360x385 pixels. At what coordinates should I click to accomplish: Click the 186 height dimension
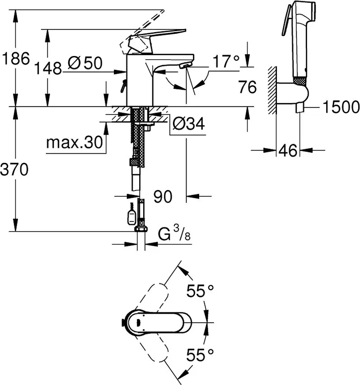point(16,59)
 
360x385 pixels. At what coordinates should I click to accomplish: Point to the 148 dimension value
point(48,68)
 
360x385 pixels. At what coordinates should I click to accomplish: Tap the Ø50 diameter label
point(85,63)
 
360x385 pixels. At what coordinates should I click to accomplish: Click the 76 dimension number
point(248,87)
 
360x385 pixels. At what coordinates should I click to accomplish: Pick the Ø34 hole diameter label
point(188,124)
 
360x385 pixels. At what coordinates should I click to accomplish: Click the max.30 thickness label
point(75,142)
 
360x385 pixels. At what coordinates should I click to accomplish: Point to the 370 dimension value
point(14,169)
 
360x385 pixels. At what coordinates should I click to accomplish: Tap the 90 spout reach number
point(163,196)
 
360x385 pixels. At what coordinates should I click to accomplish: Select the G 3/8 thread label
point(174,233)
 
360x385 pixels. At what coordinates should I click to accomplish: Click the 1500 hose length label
point(341,107)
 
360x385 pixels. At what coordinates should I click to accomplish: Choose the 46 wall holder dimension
point(288,150)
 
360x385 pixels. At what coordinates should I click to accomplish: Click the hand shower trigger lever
point(286,20)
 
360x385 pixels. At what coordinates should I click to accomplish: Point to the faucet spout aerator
point(185,65)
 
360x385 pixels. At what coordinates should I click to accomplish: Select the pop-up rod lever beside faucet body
point(123,86)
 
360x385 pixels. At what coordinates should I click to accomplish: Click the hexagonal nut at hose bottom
point(141,229)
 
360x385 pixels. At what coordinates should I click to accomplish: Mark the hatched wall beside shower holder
point(272,90)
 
